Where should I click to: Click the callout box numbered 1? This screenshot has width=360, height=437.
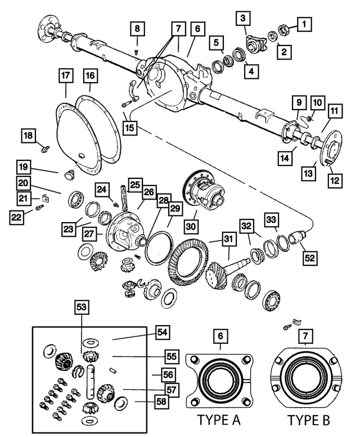coord(304,24)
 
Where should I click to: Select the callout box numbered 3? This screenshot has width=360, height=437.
coord(243,19)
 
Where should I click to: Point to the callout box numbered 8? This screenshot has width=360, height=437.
coord(137,29)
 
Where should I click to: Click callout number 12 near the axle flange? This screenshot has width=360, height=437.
coord(335,181)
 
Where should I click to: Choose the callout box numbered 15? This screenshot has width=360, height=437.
coord(129,128)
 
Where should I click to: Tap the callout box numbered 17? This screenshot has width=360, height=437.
coord(66,75)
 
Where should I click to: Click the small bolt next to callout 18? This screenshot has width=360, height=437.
coord(44,148)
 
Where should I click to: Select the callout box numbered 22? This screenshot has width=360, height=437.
coord(16,217)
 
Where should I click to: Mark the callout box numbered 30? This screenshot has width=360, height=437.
coord(191,226)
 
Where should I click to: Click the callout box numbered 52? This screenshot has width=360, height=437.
coord(310,258)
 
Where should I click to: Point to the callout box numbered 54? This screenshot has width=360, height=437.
coord(163,332)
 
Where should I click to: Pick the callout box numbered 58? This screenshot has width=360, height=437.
coord(161,402)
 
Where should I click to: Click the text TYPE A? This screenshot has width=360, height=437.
coord(218,420)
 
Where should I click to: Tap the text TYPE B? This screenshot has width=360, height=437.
coord(308,420)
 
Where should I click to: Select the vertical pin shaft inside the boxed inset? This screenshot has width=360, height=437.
coord(91,381)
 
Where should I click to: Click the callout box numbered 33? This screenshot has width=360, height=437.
coord(271,219)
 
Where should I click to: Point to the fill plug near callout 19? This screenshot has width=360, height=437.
coord(69,174)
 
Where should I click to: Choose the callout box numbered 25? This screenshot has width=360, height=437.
coord(135,185)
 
